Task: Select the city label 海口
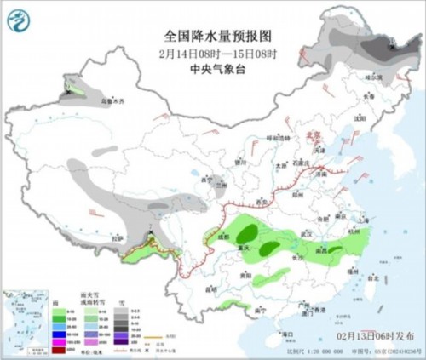pyautogui.click(x=285, y=334)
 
